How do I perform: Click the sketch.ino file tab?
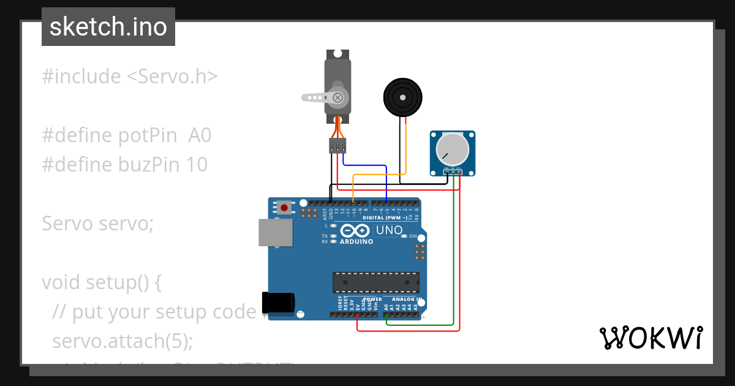coord(108,27)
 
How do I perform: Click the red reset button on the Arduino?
coord(284,208)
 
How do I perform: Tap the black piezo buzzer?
coord(402,97)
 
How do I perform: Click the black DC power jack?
coord(278,302)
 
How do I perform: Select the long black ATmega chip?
coord(376,282)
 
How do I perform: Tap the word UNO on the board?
coord(388,231)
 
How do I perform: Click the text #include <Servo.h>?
coord(130,77)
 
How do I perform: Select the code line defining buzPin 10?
coord(125,165)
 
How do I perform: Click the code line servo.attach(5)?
coord(123,341)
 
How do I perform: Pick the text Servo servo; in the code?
coord(98,224)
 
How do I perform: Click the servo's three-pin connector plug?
coord(337,146)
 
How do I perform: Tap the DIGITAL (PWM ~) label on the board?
coord(385,218)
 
